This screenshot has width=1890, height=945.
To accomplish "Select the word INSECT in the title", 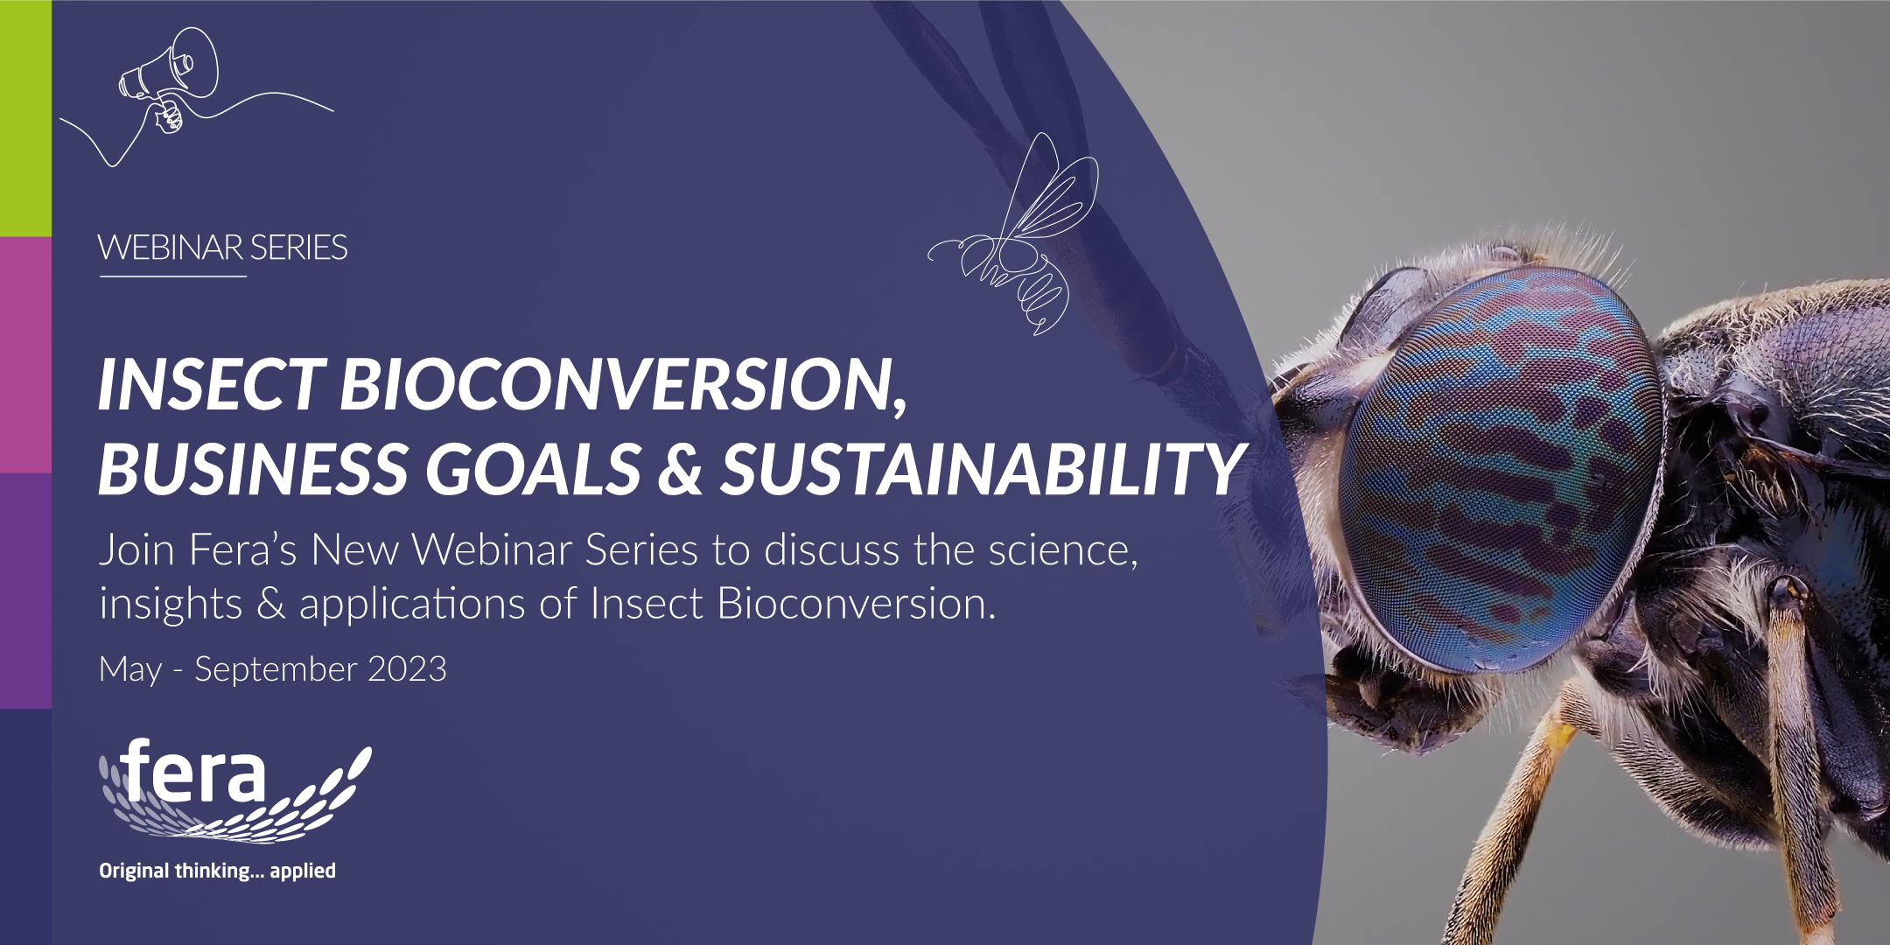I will click(210, 385).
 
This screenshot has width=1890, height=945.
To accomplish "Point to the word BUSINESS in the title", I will click(254, 468).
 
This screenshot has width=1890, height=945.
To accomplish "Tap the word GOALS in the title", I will click(534, 468).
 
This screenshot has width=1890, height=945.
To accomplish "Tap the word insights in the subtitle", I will click(171, 605).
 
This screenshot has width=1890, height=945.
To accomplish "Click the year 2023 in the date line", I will click(407, 669).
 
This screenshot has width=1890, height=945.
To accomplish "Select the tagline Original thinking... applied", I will click(217, 871).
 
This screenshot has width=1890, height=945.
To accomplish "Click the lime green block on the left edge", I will click(25, 118).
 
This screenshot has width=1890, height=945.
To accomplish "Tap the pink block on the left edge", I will click(25, 354).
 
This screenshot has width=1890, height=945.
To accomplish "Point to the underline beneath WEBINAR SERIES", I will click(173, 276).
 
